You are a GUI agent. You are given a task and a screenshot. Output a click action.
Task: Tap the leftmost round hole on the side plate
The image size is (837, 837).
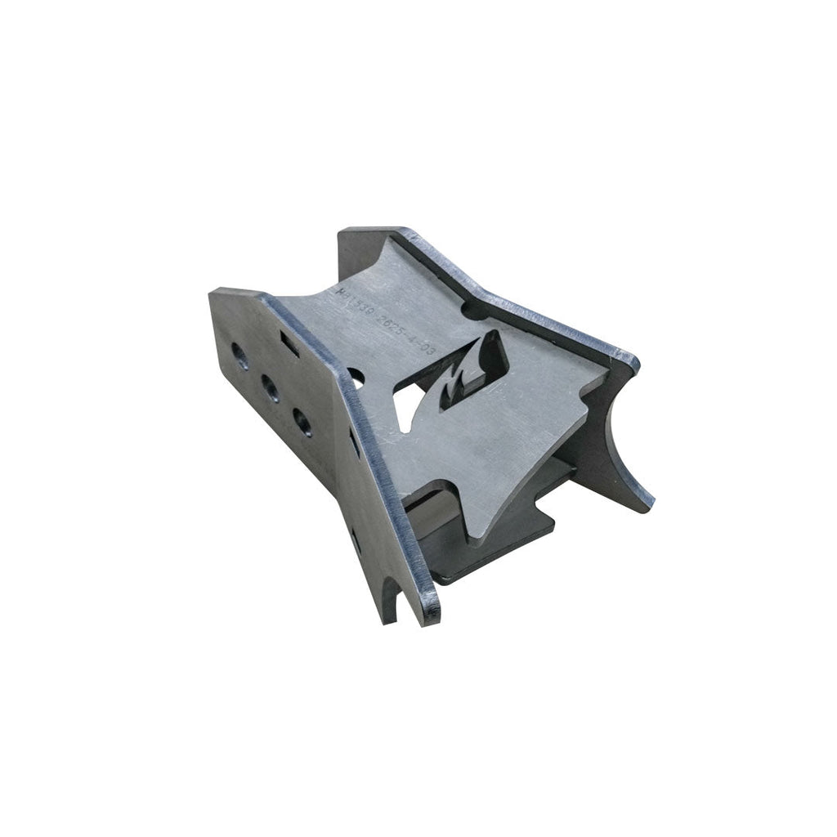[x=239, y=353]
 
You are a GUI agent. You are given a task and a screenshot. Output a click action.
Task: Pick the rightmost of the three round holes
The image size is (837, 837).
[x=302, y=422]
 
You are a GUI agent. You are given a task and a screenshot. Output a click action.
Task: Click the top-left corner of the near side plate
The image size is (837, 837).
[x=214, y=292]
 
